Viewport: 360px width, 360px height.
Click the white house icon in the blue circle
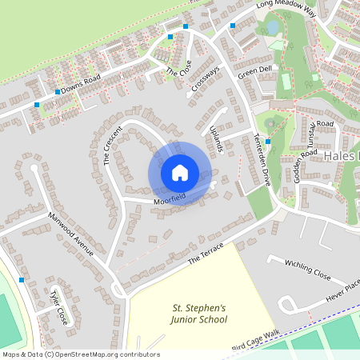[180, 173]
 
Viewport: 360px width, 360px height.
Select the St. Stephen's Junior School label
[199, 313]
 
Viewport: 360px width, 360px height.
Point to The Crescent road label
[112, 144]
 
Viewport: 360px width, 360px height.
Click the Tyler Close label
[59, 307]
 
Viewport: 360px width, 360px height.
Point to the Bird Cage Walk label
[254, 341]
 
